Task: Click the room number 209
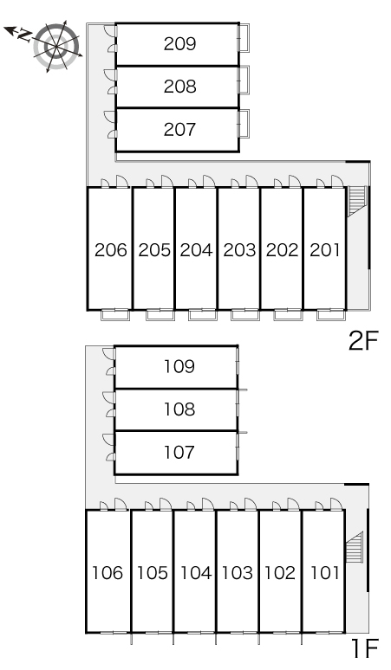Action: (179, 43)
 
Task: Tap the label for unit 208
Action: (179, 87)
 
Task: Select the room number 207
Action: (179, 129)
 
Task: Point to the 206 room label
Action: (111, 250)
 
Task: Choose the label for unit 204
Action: (196, 250)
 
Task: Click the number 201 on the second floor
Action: (325, 250)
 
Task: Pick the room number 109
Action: (179, 366)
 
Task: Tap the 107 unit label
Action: (179, 452)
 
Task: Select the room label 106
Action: (108, 572)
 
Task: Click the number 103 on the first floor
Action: (237, 572)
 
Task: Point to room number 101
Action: (325, 572)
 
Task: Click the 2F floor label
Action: (363, 341)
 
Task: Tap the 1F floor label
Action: (364, 648)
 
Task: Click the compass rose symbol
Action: (56, 46)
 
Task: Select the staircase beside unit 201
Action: (357, 201)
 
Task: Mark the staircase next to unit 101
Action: (355, 548)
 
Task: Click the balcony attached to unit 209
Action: (244, 37)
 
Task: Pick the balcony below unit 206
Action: (115, 315)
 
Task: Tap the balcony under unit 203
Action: (245, 315)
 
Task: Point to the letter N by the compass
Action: (24, 35)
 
